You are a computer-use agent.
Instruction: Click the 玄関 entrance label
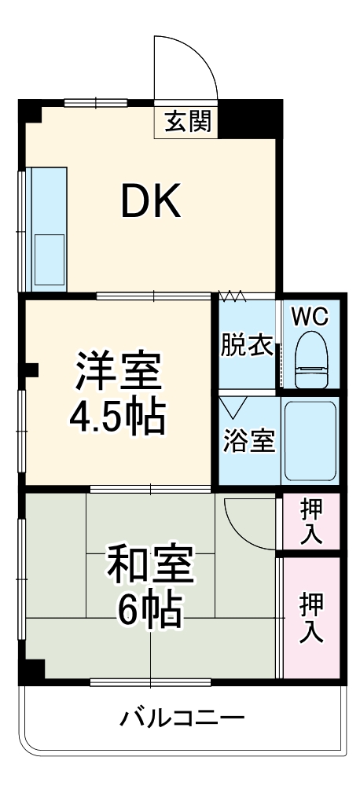tap(187, 122)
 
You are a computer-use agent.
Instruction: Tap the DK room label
tap(150, 202)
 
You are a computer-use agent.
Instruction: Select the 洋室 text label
tap(118, 372)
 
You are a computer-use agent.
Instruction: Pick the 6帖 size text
tap(149, 609)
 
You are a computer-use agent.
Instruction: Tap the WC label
tap(311, 317)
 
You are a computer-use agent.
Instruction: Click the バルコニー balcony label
tap(182, 718)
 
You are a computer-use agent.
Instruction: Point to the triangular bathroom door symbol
tap(233, 407)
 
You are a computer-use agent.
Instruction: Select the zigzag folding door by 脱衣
tap(233, 297)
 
